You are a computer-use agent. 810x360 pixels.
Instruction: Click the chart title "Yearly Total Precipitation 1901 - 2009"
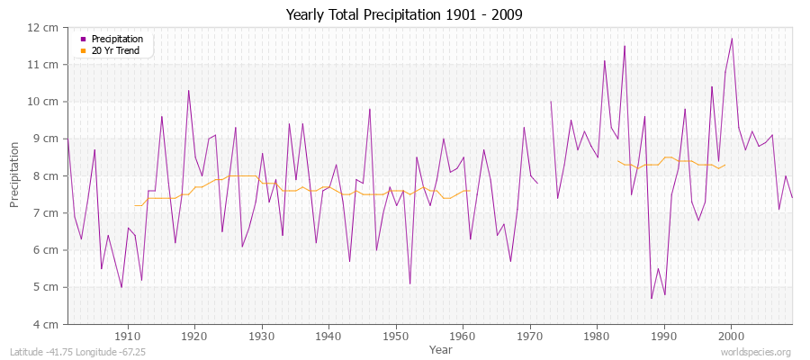coord(403,15)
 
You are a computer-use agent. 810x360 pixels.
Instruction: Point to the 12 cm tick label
coord(43,27)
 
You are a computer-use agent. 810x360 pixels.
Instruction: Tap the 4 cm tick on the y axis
coord(46,324)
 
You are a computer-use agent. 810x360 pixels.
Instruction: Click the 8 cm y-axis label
coord(46,175)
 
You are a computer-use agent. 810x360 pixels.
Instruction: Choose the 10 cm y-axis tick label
coord(43,102)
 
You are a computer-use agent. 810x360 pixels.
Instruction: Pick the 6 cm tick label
coord(46,250)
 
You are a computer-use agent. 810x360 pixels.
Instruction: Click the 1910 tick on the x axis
coord(128,336)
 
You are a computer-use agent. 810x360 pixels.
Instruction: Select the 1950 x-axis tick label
coord(396,336)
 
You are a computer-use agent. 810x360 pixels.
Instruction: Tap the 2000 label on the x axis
coord(731,336)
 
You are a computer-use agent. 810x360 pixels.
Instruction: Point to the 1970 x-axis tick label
coord(530,336)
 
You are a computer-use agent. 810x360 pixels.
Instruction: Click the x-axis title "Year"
coord(441,348)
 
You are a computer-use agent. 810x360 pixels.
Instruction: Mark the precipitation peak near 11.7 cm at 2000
coord(732,39)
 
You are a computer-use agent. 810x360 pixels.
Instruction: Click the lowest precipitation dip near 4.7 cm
coord(651,298)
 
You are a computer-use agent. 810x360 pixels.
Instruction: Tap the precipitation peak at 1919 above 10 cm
coord(188,90)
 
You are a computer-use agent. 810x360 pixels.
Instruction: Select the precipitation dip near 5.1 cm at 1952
coord(409,283)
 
